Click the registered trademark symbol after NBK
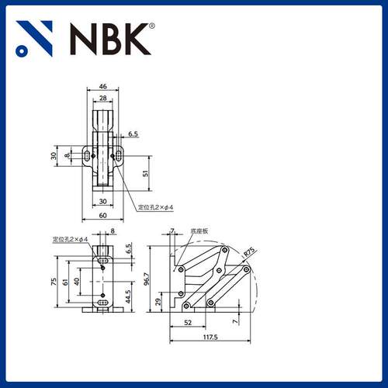click(151, 26)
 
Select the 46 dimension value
click(103, 88)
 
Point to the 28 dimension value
click(103, 99)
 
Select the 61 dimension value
click(66, 281)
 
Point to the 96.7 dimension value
click(147, 277)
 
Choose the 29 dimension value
click(160, 300)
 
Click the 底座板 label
click(199, 231)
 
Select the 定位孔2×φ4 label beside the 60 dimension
click(156, 207)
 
